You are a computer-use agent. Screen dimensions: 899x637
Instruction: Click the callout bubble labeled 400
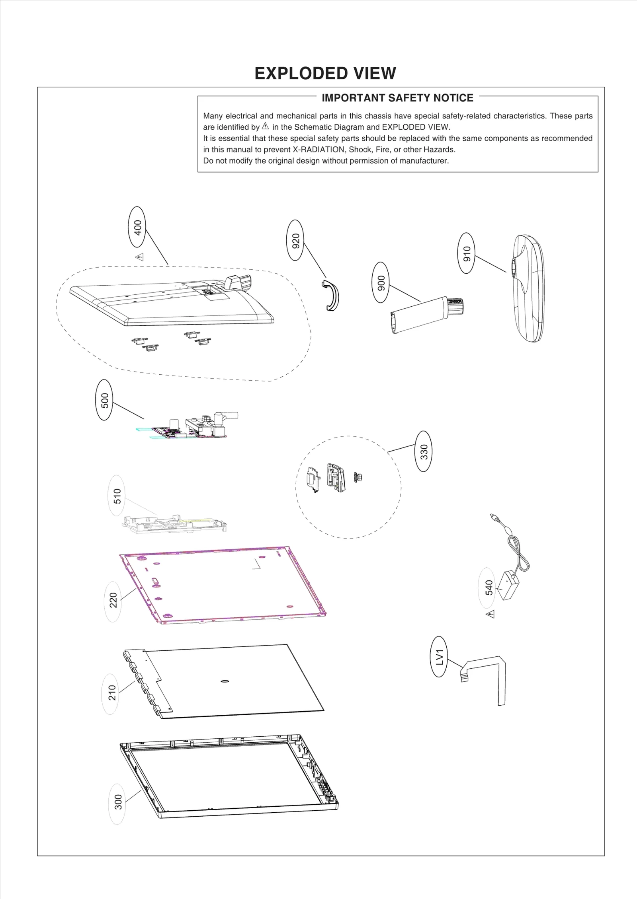coord(137,228)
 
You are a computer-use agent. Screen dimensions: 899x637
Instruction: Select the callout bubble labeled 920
coord(295,240)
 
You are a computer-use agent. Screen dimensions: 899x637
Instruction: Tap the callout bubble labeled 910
coord(467,253)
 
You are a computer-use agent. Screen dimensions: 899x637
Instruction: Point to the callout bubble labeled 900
coord(381,283)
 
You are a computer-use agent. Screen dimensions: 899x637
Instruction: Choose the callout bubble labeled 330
coord(424,451)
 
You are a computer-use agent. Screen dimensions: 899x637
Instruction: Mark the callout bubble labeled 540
coord(489,588)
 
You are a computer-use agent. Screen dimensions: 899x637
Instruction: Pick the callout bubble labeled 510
coord(117,496)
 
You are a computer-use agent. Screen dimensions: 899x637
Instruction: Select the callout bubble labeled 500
coord(104,400)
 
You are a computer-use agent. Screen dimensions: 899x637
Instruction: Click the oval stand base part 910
coord(528,288)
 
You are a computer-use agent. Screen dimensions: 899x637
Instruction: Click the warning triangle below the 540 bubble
coord(490,615)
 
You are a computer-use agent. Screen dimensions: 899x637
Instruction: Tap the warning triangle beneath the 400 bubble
coord(139,257)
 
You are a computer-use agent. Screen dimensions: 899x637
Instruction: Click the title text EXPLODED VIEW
coord(325,74)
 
